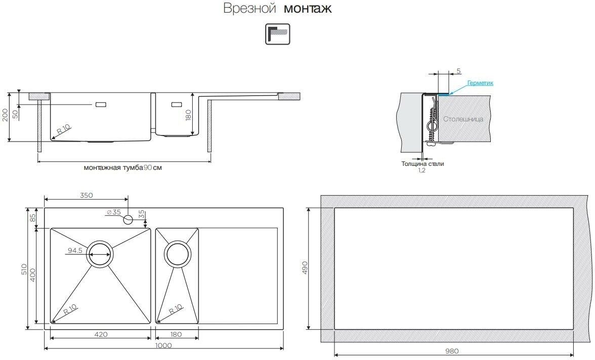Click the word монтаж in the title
tap(308, 9)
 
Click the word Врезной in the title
tap(249, 9)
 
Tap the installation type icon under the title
tap(278, 34)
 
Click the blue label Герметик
tap(480, 83)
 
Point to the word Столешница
tap(463, 119)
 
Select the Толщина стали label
tap(422, 164)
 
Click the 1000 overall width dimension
tap(163, 345)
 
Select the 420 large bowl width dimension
tap(100, 334)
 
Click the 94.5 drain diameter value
tap(75, 250)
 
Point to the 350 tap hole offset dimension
tap(86, 195)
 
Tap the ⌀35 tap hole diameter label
tap(114, 212)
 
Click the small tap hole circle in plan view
tap(128, 219)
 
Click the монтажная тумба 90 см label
tap(123, 168)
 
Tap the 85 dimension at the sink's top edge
tap(32, 218)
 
